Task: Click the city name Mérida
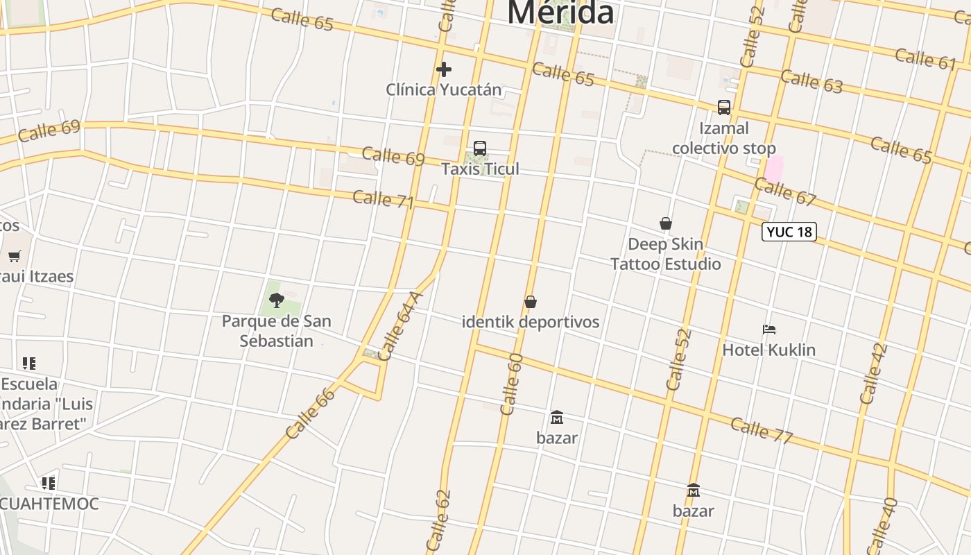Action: click(x=560, y=12)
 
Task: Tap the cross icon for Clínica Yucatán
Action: click(x=444, y=69)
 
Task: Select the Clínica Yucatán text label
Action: click(x=443, y=89)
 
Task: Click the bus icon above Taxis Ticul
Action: click(x=480, y=148)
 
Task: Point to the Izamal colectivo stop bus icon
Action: click(x=724, y=108)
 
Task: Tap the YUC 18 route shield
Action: click(x=789, y=232)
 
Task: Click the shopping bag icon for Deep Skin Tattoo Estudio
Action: click(x=666, y=223)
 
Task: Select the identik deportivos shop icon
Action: click(x=531, y=302)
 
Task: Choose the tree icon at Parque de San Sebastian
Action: click(x=277, y=300)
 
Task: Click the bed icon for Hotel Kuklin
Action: click(x=768, y=330)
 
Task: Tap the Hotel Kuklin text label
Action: click(x=768, y=350)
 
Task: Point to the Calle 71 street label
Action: click(x=383, y=199)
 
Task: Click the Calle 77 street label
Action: click(x=761, y=430)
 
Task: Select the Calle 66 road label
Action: click(x=310, y=413)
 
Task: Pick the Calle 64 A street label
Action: click(x=402, y=326)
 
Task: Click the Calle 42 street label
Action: click(x=873, y=374)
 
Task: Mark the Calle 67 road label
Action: click(x=785, y=191)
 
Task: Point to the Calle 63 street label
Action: click(x=811, y=81)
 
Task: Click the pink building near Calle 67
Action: click(x=773, y=169)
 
